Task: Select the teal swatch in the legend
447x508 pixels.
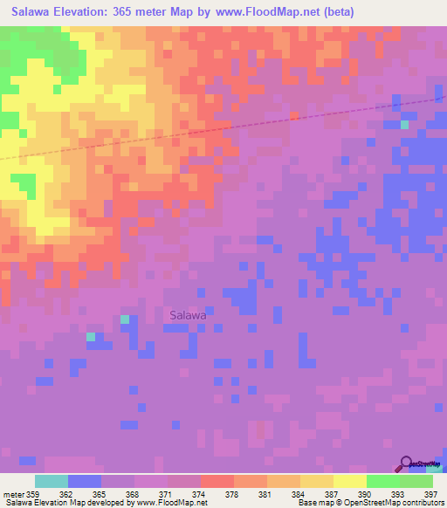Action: point(52,481)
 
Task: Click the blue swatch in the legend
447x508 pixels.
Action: point(85,481)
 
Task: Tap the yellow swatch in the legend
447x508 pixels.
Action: point(350,481)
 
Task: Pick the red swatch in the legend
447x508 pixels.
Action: point(217,481)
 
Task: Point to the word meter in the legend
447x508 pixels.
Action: point(15,494)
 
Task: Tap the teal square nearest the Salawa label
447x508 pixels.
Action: point(124,319)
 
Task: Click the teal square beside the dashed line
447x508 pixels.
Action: point(404,125)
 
